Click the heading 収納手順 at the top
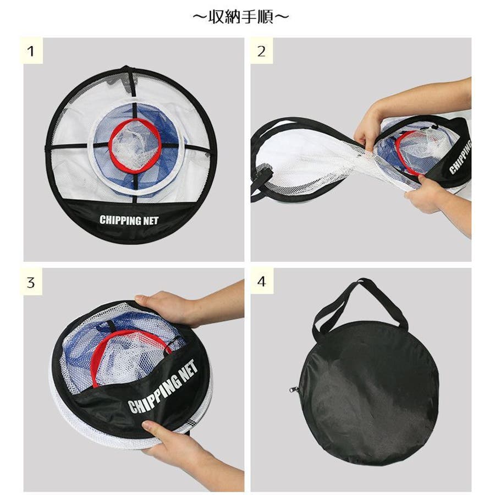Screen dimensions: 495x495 coord(241,17)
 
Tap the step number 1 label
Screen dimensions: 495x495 coord(31,51)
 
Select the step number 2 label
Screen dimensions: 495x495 coord(261,51)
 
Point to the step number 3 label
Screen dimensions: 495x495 coord(31,282)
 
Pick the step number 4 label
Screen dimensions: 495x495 coord(261,281)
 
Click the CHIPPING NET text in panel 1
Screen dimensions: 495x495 coord(129,220)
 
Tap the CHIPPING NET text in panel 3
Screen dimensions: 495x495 coord(163,387)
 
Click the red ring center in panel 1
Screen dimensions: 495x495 coord(135,144)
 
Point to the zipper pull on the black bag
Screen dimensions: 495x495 coord(293,389)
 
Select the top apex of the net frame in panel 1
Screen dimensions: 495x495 coord(125,67)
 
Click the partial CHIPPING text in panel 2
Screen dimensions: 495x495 coord(460,157)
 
